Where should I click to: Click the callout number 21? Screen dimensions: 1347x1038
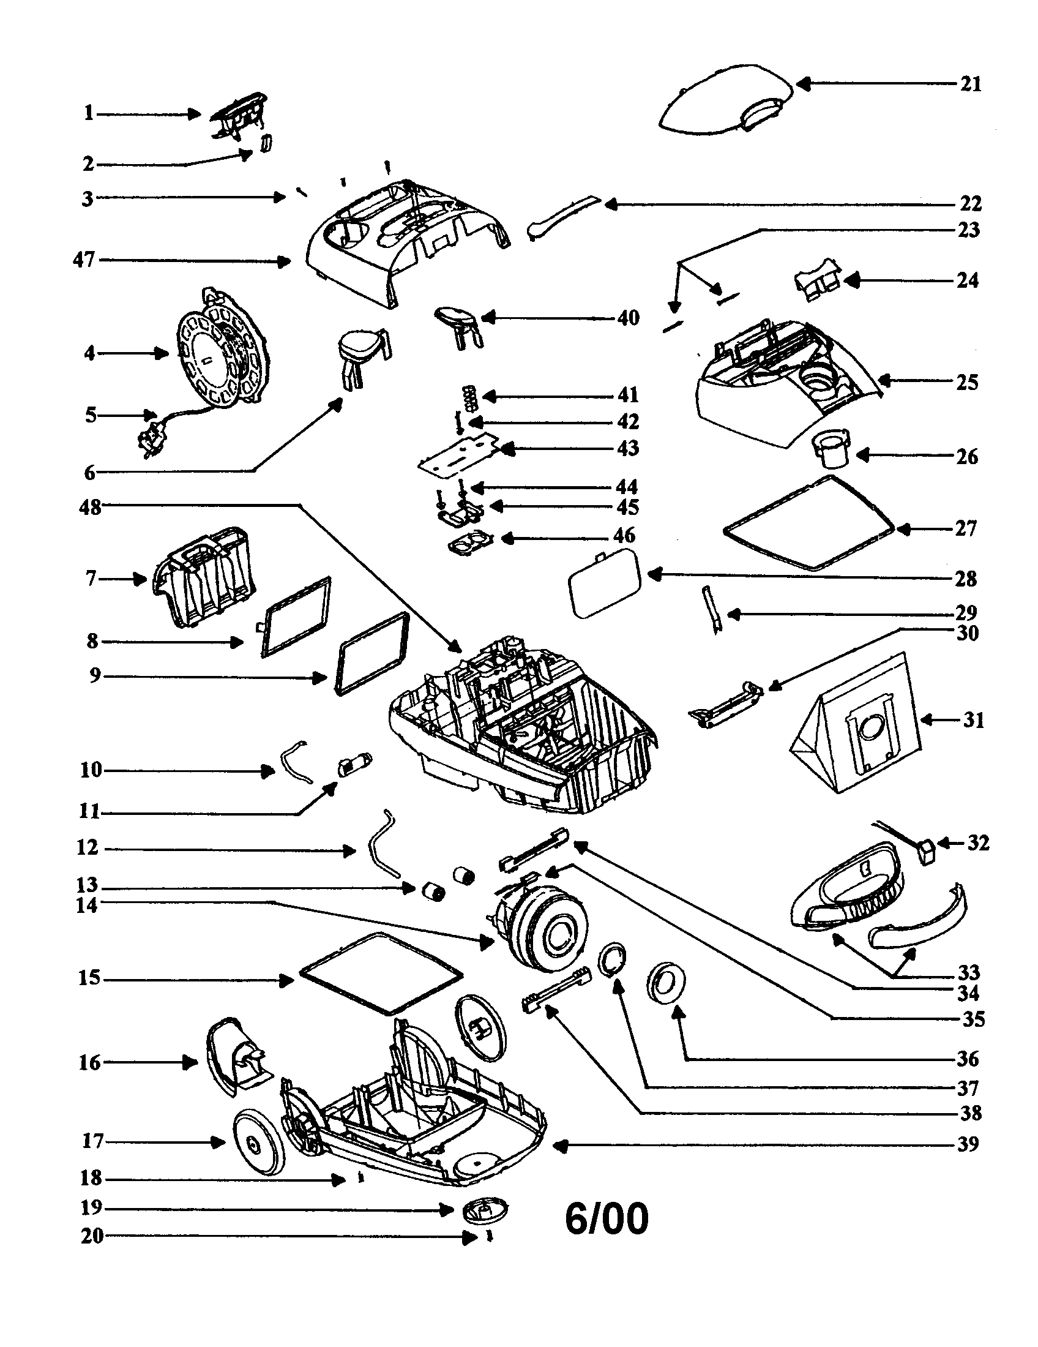coord(970,84)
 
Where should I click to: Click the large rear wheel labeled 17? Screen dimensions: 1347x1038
coord(259,1141)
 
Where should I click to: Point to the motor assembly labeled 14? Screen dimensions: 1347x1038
coord(540,934)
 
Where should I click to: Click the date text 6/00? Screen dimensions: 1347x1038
coord(607,1219)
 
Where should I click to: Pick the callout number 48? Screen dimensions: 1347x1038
coord(90,508)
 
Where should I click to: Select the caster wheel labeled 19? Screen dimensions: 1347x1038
coord(486,1210)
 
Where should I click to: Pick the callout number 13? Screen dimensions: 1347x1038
coord(87,885)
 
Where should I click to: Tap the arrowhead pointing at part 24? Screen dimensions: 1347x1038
coord(851,281)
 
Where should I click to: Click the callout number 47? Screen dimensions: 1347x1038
coord(84,260)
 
